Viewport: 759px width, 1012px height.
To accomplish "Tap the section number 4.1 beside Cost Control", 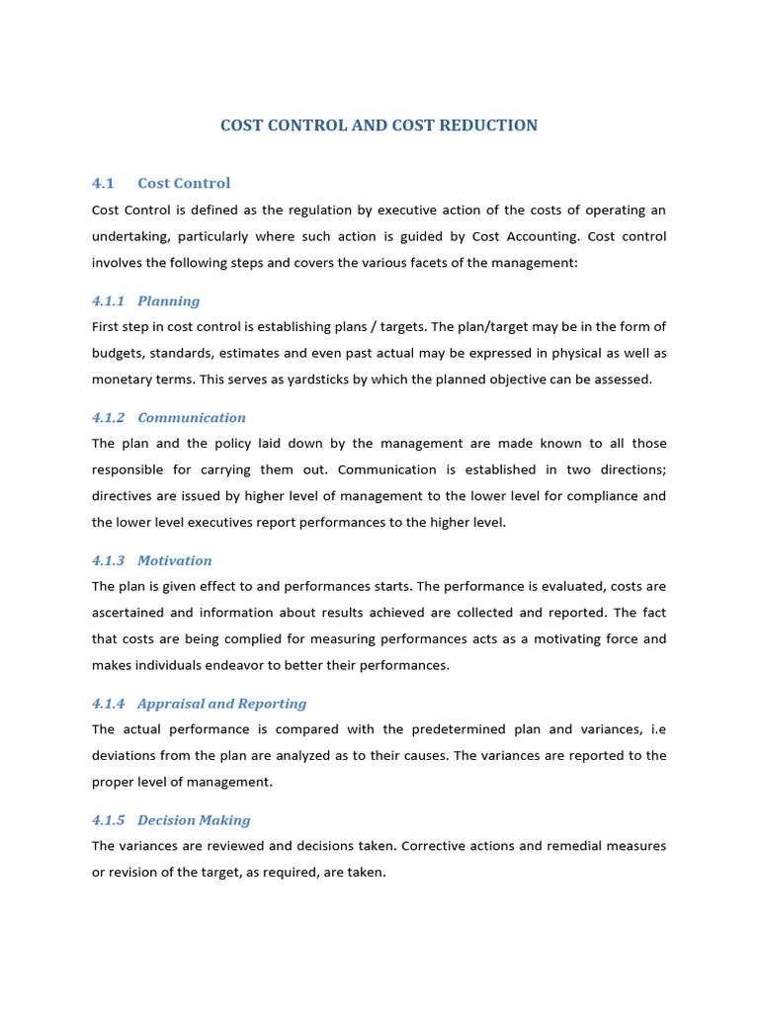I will pyautogui.click(x=104, y=183).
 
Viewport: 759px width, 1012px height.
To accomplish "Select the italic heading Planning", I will pyautogui.click(x=169, y=301).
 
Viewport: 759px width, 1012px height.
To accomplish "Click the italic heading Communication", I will pyautogui.click(x=192, y=418).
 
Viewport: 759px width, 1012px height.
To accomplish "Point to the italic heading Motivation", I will pyautogui.click(x=175, y=561).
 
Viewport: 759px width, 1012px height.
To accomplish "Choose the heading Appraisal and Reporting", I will pyautogui.click(x=222, y=705).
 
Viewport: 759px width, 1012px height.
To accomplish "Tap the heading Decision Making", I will pyautogui.click(x=194, y=820).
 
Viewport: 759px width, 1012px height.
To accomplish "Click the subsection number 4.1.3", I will pyautogui.click(x=109, y=561).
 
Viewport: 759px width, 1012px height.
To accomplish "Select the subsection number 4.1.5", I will pyautogui.click(x=109, y=820).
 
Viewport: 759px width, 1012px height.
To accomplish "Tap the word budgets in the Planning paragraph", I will pyautogui.click(x=117, y=354).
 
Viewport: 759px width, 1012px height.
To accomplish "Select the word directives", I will pyautogui.click(x=124, y=496).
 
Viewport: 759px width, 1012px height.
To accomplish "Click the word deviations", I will pyautogui.click(x=126, y=756).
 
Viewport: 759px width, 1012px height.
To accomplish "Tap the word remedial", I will pyautogui.click(x=568, y=847).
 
